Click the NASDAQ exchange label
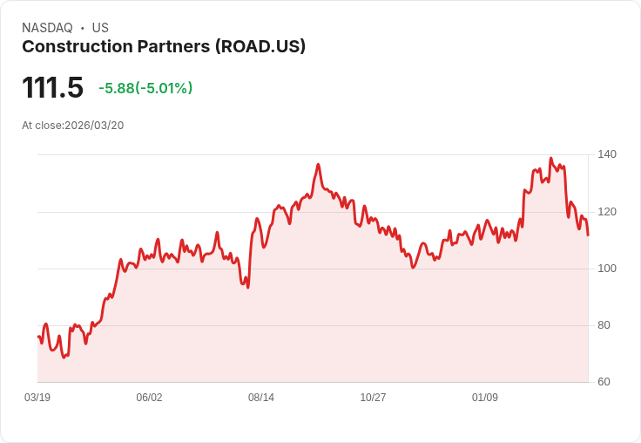[x=47, y=28]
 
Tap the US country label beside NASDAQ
[x=100, y=28]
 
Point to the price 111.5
[x=52, y=88]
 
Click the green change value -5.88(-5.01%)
[x=145, y=88]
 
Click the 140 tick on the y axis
[x=607, y=154]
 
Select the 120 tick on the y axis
[x=607, y=212]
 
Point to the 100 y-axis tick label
[x=607, y=269]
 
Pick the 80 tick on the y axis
[x=604, y=325]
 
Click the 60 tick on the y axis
[x=604, y=382]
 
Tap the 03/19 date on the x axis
[x=37, y=398]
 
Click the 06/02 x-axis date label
[x=149, y=398]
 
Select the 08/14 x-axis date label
[x=261, y=398]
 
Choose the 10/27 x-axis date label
[x=373, y=398]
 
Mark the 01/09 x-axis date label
[x=485, y=398]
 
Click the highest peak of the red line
[x=550, y=159]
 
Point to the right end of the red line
[x=588, y=235]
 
